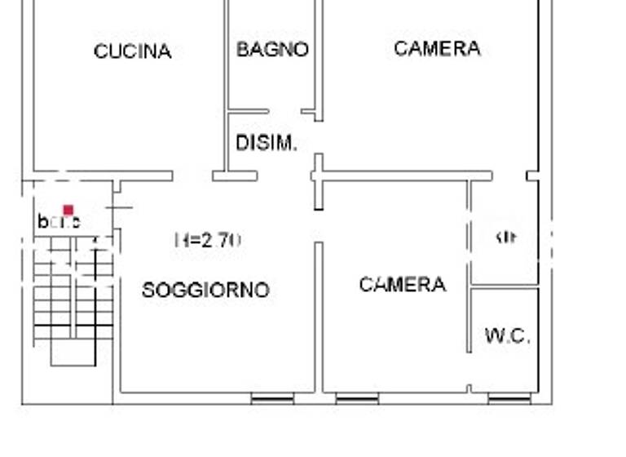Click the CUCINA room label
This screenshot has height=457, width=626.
click(x=132, y=51)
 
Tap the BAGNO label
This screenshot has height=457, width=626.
click(x=272, y=49)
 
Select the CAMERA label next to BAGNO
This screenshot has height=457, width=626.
click(x=437, y=48)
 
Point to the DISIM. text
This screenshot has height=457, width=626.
click(x=266, y=144)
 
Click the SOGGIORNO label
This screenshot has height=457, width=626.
click(x=205, y=290)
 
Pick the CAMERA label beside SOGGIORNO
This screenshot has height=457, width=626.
click(x=403, y=284)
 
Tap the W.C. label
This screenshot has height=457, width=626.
click(x=507, y=335)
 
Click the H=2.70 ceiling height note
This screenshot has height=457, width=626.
click(x=208, y=240)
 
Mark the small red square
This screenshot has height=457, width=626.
click(x=68, y=210)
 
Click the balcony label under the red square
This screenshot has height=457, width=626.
click(x=59, y=222)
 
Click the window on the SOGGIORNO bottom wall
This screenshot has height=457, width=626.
click(x=272, y=399)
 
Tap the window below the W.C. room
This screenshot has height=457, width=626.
click(x=509, y=399)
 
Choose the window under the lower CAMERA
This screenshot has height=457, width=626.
click(x=357, y=399)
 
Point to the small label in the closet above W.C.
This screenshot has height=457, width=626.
click(x=506, y=237)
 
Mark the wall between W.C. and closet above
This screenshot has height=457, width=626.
click(x=505, y=287)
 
